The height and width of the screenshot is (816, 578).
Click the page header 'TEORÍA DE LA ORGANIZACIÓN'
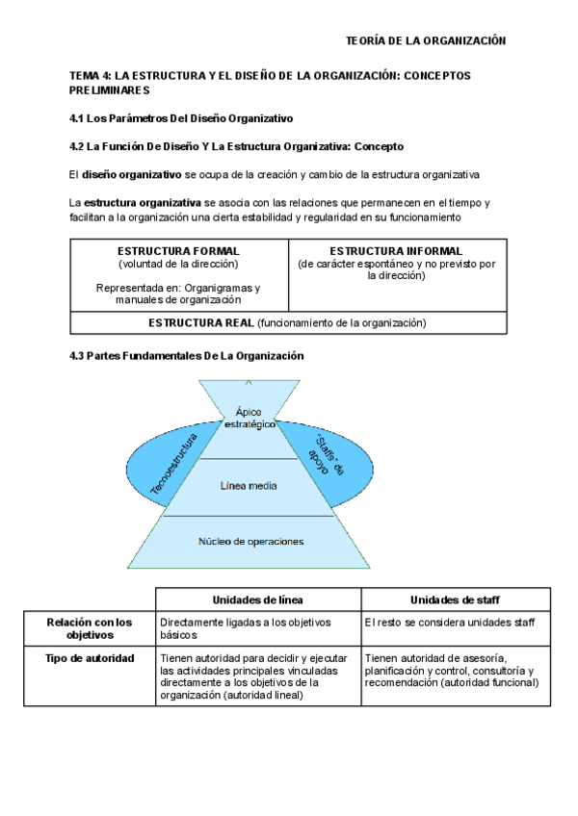tap(425, 40)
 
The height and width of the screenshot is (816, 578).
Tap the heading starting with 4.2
tap(229, 146)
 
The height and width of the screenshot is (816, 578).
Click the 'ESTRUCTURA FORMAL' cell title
tap(178, 251)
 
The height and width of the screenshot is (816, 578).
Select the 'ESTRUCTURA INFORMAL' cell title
tap(396, 251)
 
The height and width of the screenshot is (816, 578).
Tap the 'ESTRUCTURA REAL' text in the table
tap(201, 322)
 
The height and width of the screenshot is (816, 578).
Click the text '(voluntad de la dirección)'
tap(178, 263)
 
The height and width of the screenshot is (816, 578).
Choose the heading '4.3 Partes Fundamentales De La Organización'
tap(187, 355)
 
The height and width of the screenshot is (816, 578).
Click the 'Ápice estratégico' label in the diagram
tap(249, 418)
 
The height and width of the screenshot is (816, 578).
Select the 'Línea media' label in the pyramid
tap(249, 486)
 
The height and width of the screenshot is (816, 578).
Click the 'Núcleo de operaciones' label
tap(250, 541)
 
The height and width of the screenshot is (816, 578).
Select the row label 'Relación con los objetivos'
tap(90, 628)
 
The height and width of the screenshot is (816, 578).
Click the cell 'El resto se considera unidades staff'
tap(450, 623)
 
